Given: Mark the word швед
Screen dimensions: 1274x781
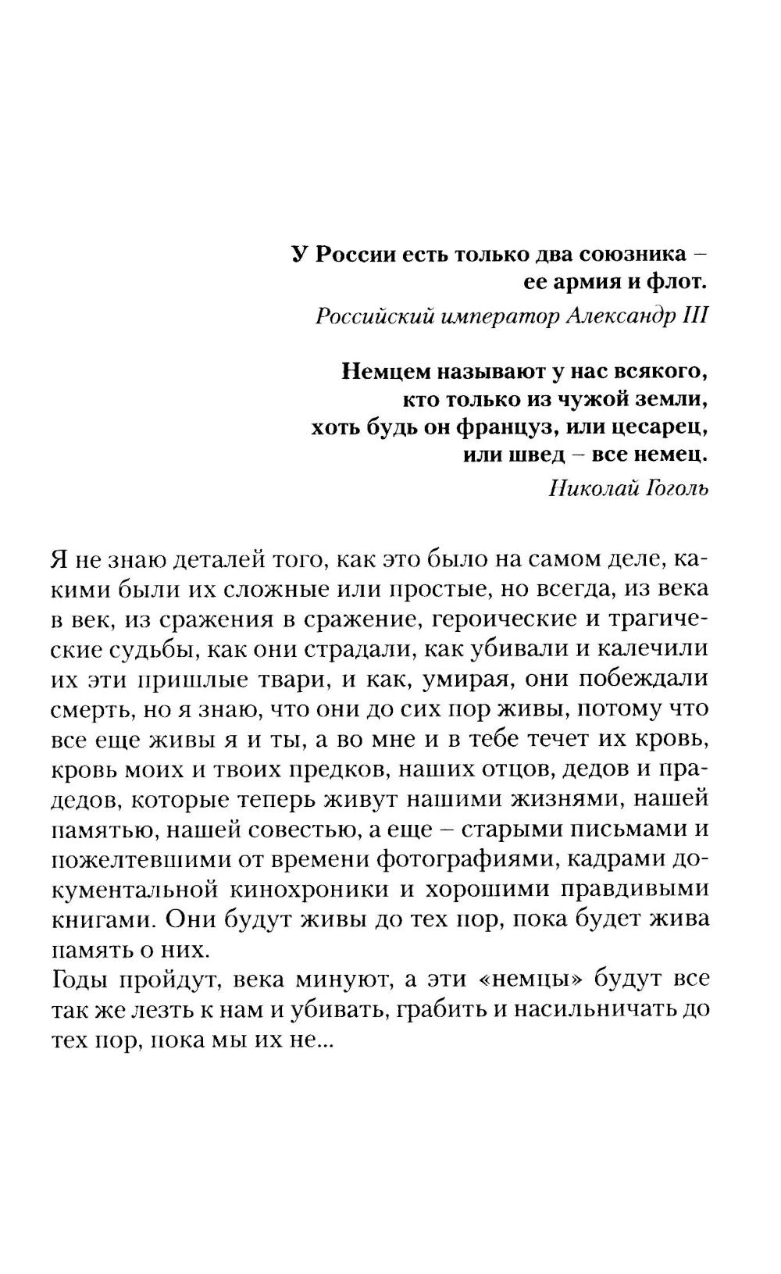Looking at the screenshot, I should click(x=540, y=455).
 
